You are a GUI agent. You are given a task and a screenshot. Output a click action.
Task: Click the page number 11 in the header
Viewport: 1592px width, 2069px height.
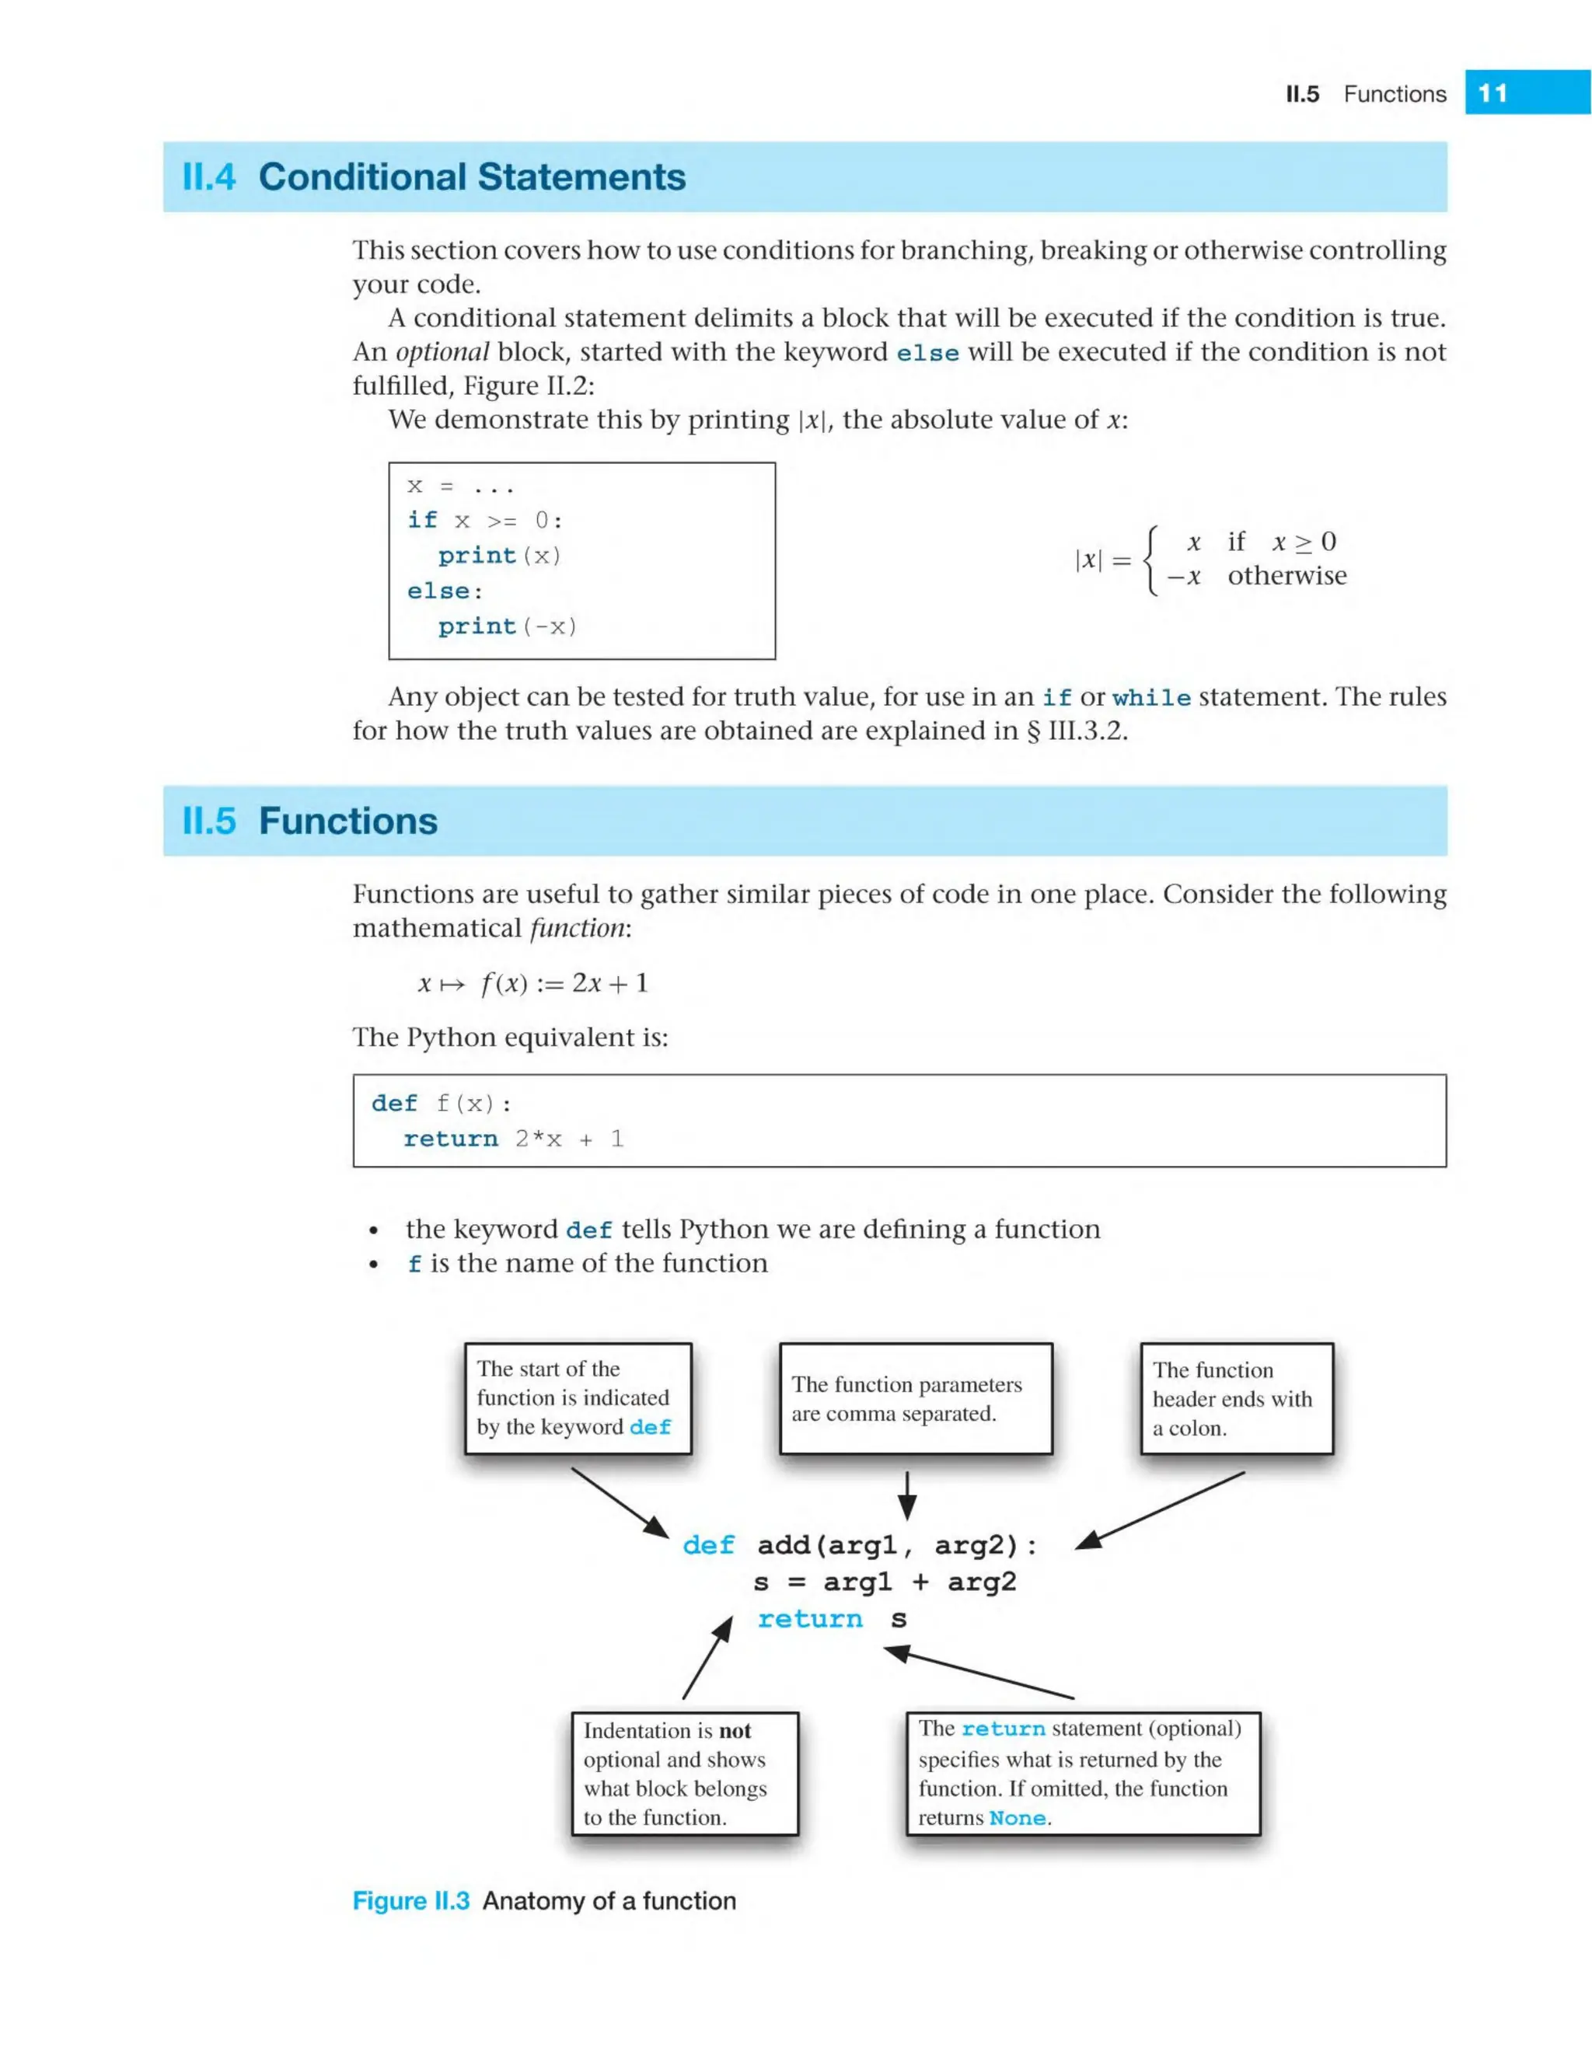point(1492,92)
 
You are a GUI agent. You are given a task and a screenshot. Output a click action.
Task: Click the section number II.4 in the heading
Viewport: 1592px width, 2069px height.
point(208,177)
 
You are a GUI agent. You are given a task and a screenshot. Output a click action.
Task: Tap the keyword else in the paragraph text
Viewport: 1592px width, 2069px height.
point(927,354)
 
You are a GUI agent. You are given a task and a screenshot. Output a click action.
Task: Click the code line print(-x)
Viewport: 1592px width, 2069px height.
point(507,626)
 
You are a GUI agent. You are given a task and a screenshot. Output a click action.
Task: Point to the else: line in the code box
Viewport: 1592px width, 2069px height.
point(445,591)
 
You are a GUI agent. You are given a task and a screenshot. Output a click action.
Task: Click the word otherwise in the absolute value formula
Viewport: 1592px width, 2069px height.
point(1286,576)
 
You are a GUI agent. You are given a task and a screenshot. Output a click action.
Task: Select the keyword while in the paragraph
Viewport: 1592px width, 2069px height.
point(1150,698)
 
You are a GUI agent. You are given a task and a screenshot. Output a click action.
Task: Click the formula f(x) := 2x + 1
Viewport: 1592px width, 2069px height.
point(564,983)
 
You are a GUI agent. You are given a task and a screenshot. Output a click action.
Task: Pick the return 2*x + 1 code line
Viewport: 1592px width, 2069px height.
point(513,1139)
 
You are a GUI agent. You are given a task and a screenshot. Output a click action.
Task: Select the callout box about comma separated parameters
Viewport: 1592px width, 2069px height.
point(916,1398)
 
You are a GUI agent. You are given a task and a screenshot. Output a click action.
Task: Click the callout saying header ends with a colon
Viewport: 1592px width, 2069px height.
point(1236,1398)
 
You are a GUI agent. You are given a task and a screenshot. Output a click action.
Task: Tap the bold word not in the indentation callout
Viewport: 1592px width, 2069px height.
point(735,1731)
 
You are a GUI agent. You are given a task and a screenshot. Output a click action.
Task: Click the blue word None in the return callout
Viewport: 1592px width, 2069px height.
point(1017,1818)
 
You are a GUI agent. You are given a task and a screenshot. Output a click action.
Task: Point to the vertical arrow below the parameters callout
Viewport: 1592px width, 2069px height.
point(907,1495)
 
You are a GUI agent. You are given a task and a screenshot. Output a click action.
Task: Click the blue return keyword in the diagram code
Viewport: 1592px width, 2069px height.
point(809,1619)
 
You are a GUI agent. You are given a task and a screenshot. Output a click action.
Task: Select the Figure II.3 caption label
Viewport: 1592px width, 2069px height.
point(410,1901)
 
